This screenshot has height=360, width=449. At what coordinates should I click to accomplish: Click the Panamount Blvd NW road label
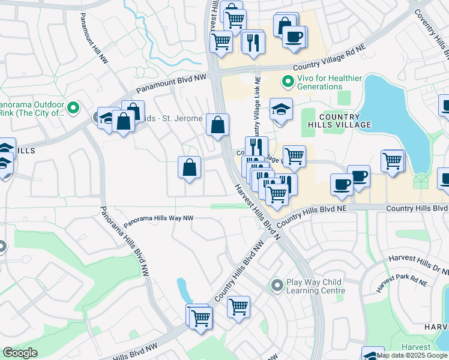pos(170,84)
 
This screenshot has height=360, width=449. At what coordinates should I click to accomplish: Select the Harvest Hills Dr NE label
pos(418,261)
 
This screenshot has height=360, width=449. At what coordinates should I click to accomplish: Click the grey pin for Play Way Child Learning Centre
pos(276,285)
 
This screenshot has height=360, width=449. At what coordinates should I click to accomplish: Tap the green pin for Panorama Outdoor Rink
pos(74,107)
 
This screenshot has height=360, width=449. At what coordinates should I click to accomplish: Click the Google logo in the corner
pos(20,353)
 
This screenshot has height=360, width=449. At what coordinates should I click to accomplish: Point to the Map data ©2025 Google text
pos(412,355)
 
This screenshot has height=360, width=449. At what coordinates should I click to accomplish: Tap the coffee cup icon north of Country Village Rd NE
pos(294,37)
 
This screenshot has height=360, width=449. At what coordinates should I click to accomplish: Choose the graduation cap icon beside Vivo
pos(280,110)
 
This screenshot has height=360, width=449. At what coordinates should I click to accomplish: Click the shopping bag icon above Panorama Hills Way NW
pos(189,167)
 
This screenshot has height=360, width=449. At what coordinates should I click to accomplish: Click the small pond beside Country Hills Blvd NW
pos(183,290)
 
